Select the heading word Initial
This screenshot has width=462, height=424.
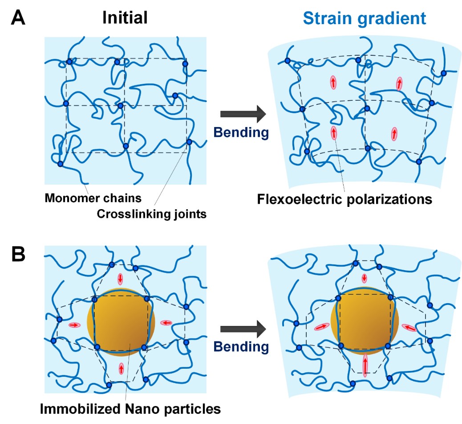125,17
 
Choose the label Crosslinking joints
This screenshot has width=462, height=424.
151,214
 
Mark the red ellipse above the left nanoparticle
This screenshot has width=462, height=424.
120,279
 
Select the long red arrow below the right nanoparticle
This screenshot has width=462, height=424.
365,365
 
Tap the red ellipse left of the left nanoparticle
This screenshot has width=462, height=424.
74,325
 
